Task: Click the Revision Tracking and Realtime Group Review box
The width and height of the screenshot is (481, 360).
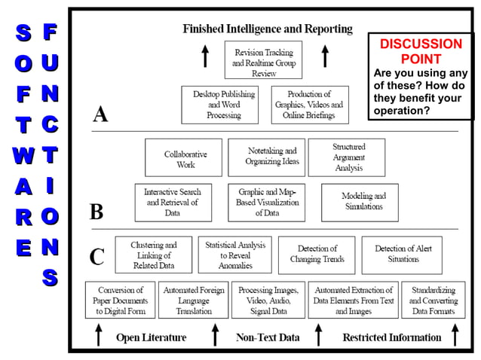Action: pos(264,60)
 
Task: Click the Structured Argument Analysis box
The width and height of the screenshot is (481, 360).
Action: pos(348,157)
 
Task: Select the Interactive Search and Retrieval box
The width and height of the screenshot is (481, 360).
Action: pos(173,202)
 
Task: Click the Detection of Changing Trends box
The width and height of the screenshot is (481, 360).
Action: pos(317,255)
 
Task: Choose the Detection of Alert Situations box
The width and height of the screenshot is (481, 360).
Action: pos(403,255)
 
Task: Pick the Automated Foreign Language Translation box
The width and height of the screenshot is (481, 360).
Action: pos(194,300)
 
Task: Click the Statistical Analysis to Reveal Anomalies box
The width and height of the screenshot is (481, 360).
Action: pos(235,255)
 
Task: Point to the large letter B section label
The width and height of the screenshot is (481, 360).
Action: pos(97,211)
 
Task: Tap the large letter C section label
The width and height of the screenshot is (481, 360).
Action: pos(97,256)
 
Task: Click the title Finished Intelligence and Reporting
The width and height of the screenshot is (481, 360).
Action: pos(268,29)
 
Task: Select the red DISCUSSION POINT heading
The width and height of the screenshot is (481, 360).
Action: pos(421,51)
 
